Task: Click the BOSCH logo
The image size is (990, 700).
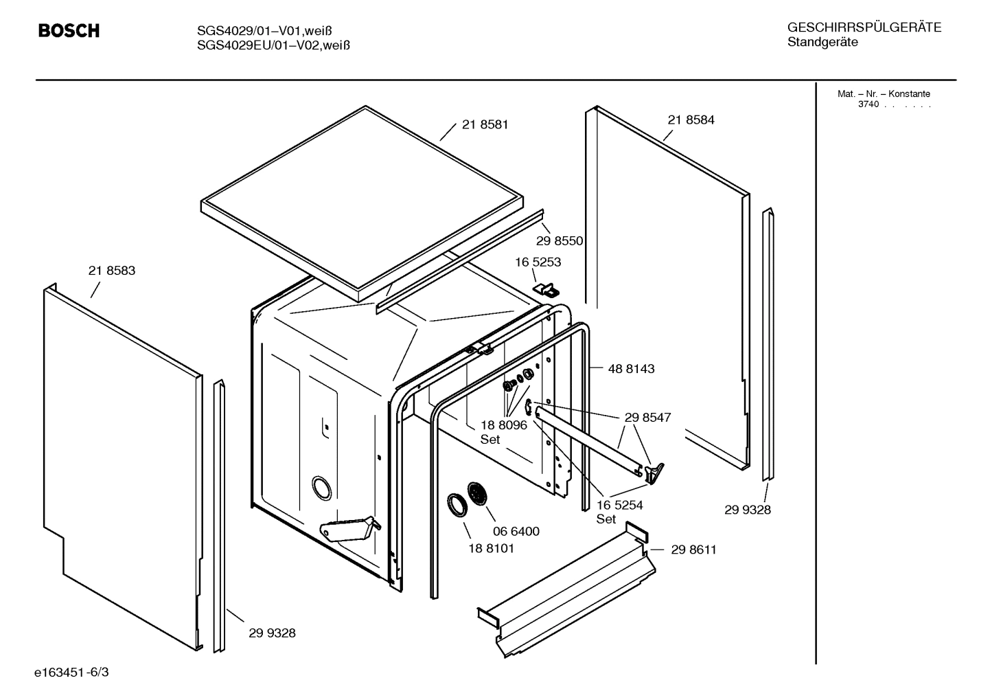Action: (69, 31)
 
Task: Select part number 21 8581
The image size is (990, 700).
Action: (485, 125)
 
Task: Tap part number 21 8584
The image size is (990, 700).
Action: (691, 120)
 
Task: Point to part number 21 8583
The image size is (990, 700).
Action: (112, 271)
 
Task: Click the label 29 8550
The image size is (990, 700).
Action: (559, 241)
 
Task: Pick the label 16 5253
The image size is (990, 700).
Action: (538, 262)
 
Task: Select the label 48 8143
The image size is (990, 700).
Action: (631, 369)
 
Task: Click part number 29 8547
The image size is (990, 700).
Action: (647, 418)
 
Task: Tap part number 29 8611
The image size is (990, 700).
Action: (693, 550)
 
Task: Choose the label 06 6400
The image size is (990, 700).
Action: (516, 531)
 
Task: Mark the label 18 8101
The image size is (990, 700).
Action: (491, 548)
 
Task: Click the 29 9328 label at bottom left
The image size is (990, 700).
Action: (272, 633)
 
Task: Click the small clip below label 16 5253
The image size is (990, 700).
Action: (546, 289)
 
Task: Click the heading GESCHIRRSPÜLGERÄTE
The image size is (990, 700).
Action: (864, 27)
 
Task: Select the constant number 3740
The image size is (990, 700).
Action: (868, 104)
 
